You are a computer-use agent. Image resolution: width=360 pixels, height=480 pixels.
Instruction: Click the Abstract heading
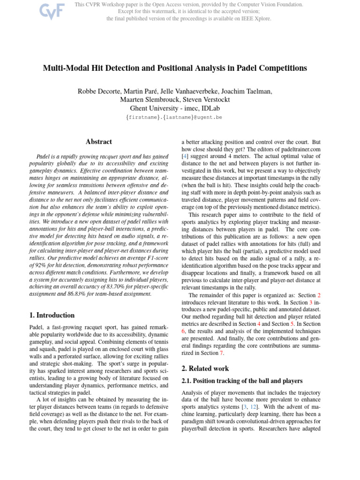click(x=98, y=142)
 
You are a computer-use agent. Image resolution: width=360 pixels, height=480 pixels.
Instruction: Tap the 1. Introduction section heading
click(x=52, y=315)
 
